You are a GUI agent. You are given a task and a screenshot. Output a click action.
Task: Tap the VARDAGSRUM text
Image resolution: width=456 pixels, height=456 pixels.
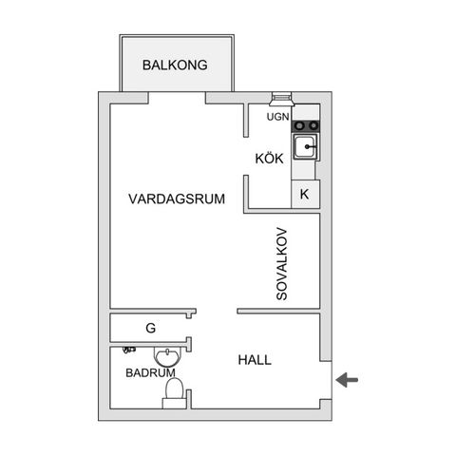pos(176,199)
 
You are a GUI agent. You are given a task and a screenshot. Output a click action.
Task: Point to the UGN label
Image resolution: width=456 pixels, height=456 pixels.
pos(277,118)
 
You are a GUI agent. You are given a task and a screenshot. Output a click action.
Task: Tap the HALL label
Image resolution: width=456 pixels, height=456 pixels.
pos(255,360)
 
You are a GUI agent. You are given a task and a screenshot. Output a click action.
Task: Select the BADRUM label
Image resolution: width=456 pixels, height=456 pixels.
pos(150,373)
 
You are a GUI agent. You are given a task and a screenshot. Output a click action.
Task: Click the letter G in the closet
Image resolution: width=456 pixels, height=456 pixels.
pos(150,329)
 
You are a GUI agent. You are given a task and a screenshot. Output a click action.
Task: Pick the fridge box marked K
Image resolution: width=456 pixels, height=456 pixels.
pos(304,194)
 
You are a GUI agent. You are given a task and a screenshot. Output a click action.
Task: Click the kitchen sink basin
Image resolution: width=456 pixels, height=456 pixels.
pos(305,148)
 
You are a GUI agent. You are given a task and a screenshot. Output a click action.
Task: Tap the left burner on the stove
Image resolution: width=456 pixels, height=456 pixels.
pos(298,124)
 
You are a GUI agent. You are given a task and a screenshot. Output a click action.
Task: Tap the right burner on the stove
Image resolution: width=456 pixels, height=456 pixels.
pos(312,124)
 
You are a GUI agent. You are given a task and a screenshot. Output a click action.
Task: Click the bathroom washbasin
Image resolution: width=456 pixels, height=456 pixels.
pos(168,357)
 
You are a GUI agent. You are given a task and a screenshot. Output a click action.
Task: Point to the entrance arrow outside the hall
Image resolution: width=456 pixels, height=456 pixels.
pos(348,381)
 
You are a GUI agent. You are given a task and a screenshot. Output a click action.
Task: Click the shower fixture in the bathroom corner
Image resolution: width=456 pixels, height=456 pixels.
pos(117,351)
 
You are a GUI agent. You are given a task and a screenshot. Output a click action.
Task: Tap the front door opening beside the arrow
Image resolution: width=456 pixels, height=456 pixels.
pos(326,381)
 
